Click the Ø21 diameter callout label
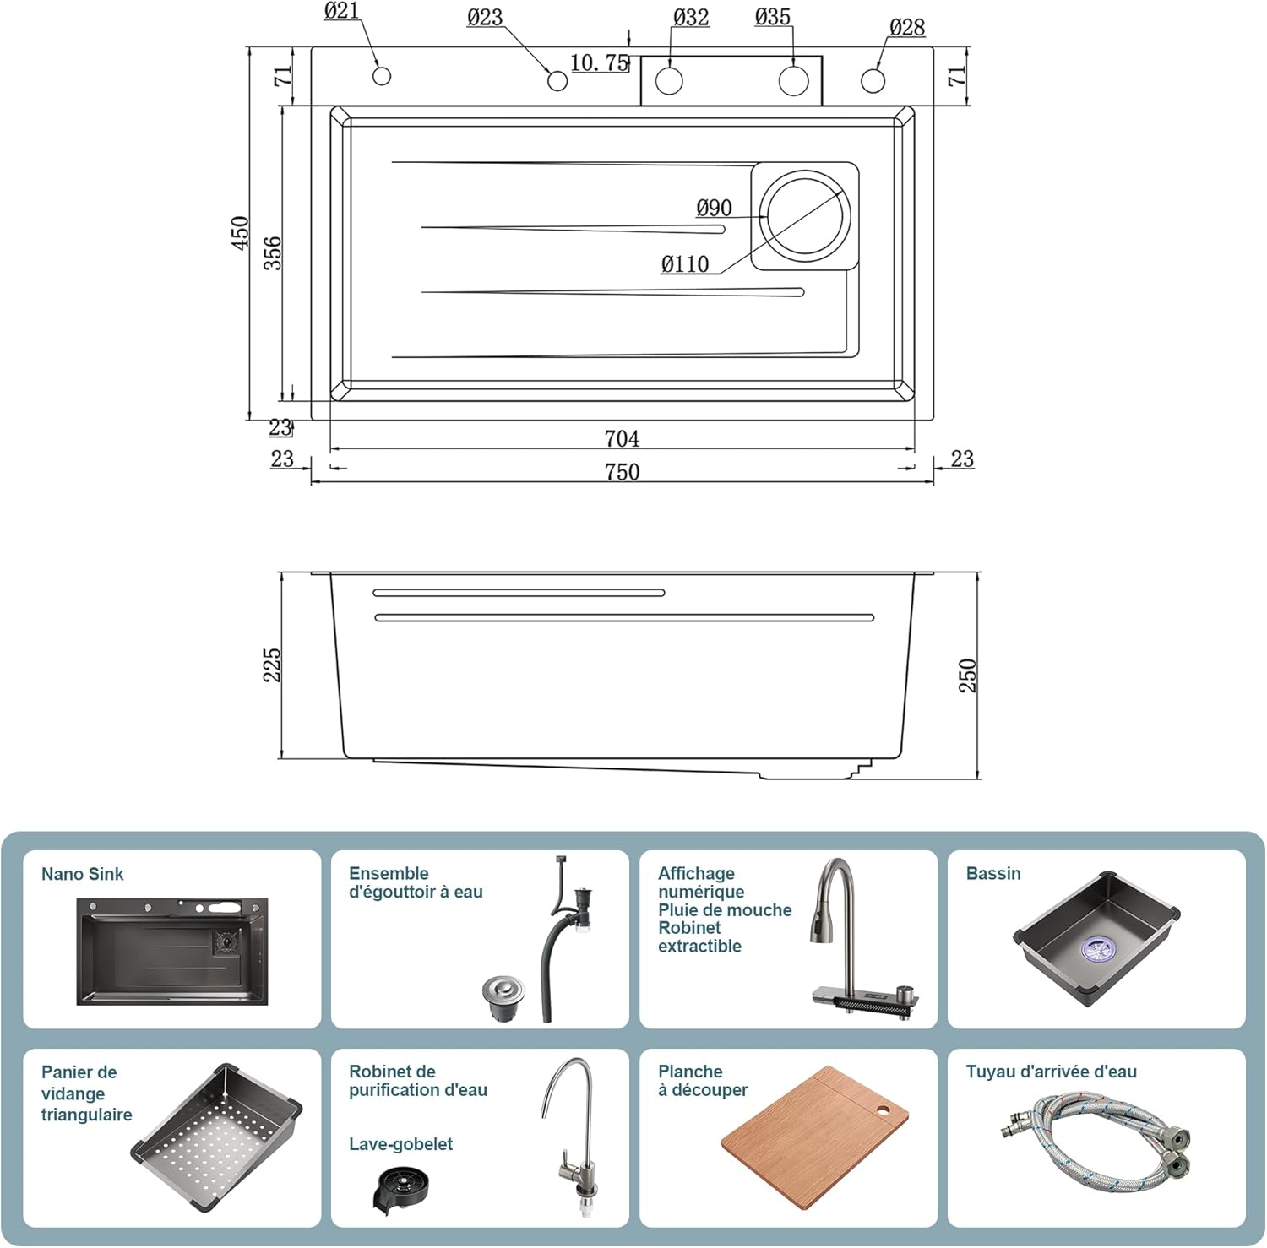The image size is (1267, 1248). pyautogui.click(x=341, y=11)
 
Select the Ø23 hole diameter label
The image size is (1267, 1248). pyautogui.click(x=485, y=18)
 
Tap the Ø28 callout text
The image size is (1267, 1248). pyautogui.click(x=907, y=28)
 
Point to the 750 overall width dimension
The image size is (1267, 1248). pyautogui.click(x=622, y=472)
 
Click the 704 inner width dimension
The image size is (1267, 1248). pyautogui.click(x=622, y=439)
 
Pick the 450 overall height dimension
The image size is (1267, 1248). pyautogui.click(x=240, y=233)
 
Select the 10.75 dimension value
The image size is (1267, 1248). pyautogui.click(x=599, y=63)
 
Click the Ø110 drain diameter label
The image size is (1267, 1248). pyautogui.click(x=685, y=265)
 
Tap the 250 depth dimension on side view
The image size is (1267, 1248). pyautogui.click(x=967, y=676)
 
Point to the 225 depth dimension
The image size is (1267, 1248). pyautogui.click(x=271, y=665)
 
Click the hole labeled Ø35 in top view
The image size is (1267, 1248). pyautogui.click(x=793, y=81)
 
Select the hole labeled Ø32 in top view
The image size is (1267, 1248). pyautogui.click(x=669, y=81)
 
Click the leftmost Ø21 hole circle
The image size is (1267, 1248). pyautogui.click(x=382, y=76)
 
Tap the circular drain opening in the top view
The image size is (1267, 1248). pyautogui.click(x=805, y=215)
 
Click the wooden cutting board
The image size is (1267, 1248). pyautogui.click(x=814, y=1137)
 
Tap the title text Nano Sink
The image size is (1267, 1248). pyautogui.click(x=82, y=875)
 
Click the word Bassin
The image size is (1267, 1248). pyautogui.click(x=992, y=874)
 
